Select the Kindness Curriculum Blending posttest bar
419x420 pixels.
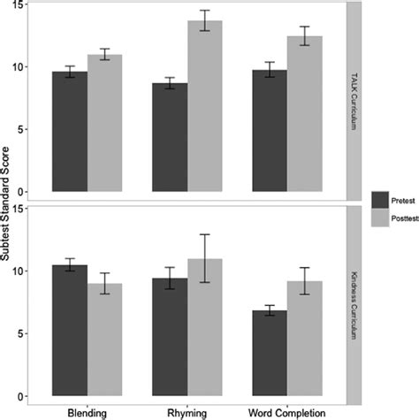(x=104, y=340)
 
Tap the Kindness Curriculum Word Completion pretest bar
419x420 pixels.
(x=270, y=353)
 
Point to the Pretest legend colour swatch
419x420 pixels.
(x=381, y=198)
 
